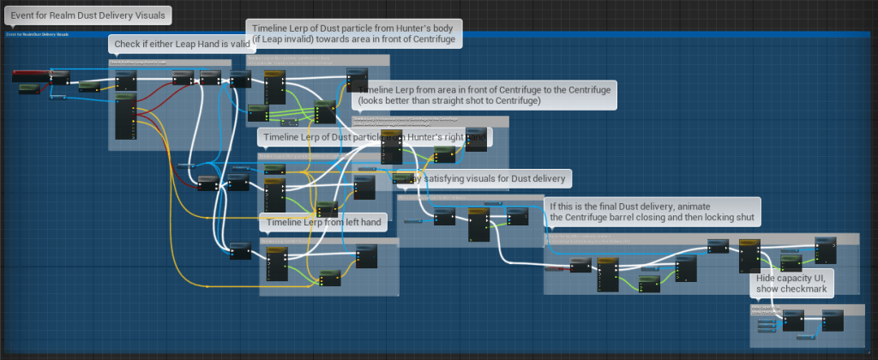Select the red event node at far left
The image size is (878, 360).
[29, 77]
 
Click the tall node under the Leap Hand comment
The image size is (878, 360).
[125, 115]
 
